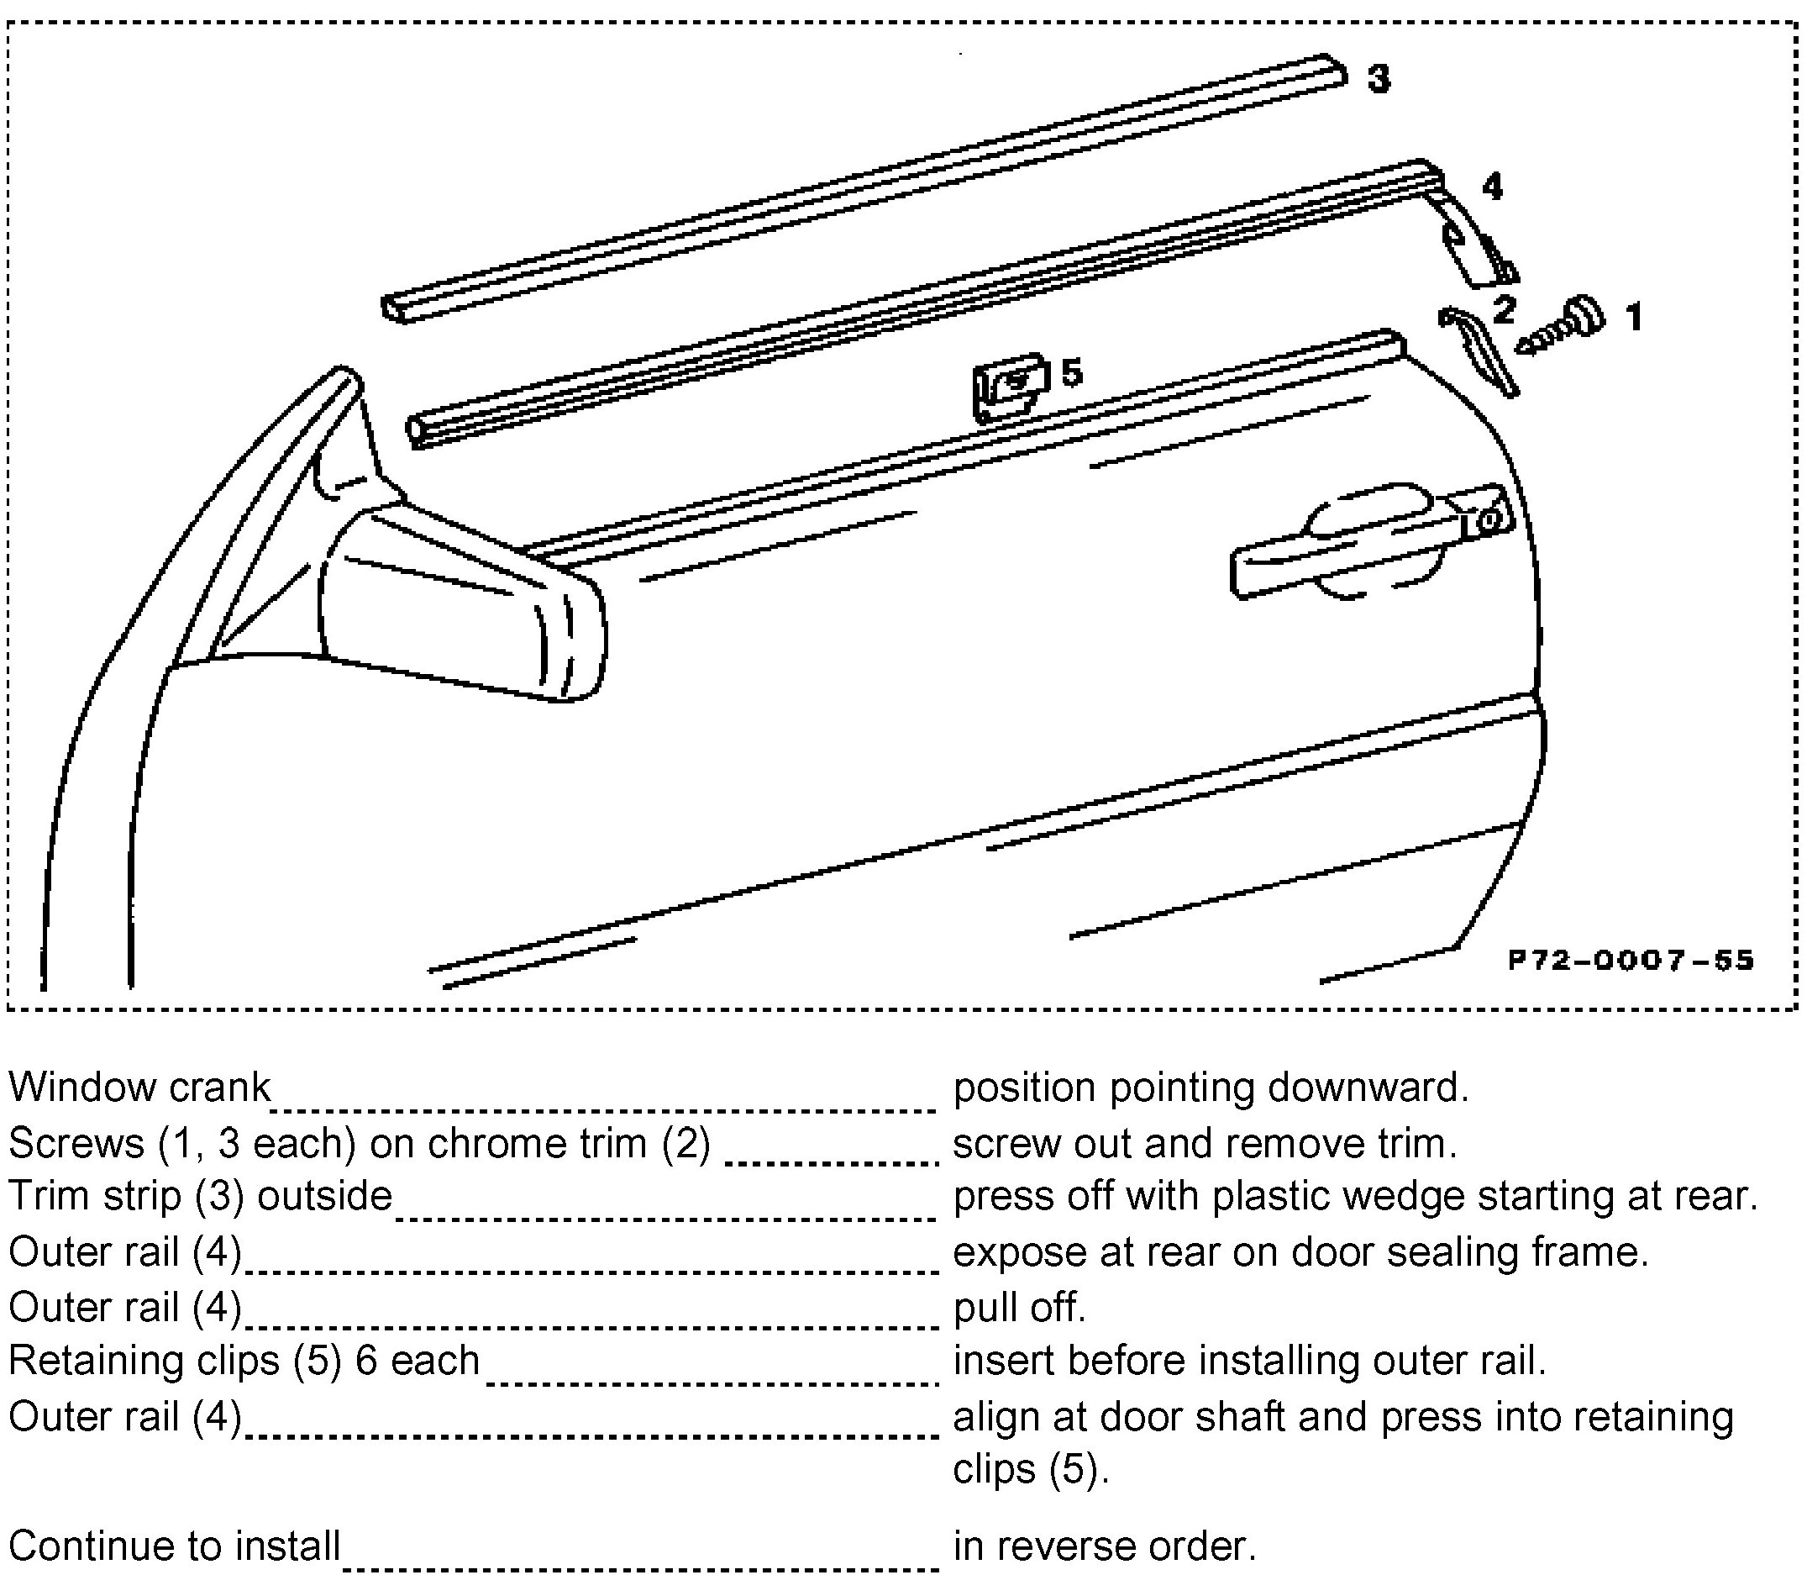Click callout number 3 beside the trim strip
[1379, 79]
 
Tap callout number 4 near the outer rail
[1492, 187]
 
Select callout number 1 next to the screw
[1634, 317]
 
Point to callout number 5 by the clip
[1071, 373]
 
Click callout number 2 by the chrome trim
[1503, 309]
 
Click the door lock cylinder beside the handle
[1489, 519]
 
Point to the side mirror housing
[460, 601]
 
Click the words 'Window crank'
[139, 1087]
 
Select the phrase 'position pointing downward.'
[1211, 1087]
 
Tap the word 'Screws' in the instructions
[76, 1143]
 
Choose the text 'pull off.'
[1019, 1306]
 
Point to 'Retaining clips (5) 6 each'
[244, 1360]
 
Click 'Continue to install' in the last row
[174, 1546]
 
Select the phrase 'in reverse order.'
[1104, 1546]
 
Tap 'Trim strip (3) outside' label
[201, 1196]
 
